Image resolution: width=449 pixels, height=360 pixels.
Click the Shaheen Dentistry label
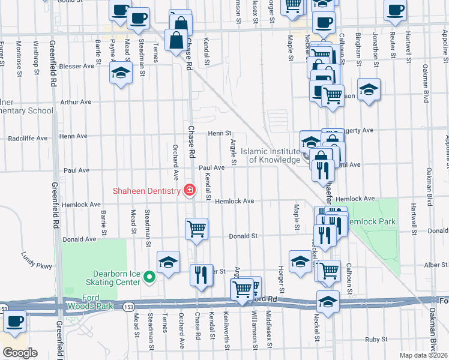[146, 191]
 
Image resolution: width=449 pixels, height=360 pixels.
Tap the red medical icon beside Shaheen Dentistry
[190, 190]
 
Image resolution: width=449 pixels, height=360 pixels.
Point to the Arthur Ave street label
[75, 102]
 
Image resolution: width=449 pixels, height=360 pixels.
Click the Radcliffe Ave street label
[28, 138]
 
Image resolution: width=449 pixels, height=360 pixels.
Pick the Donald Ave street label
[79, 239]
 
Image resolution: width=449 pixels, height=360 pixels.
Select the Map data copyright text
[423, 355]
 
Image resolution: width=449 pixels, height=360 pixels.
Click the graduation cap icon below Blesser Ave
[121, 73]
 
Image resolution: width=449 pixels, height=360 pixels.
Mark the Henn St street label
[220, 133]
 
